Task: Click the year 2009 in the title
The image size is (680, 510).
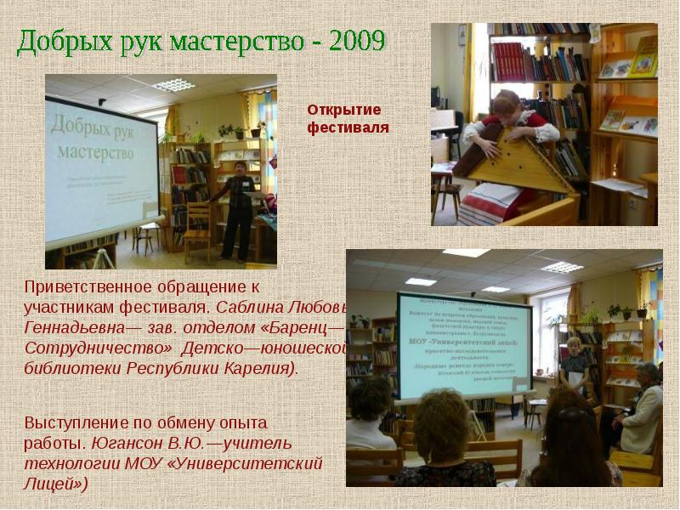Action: [x=349, y=40]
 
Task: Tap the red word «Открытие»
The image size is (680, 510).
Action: [x=344, y=110]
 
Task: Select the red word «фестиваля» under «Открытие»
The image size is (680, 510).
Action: [x=348, y=127]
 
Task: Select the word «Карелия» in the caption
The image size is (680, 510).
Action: [x=258, y=370]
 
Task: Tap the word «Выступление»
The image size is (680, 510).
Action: [x=80, y=422]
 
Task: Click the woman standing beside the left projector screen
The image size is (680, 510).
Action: [x=238, y=204]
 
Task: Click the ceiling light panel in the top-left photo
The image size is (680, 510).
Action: [x=174, y=85]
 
